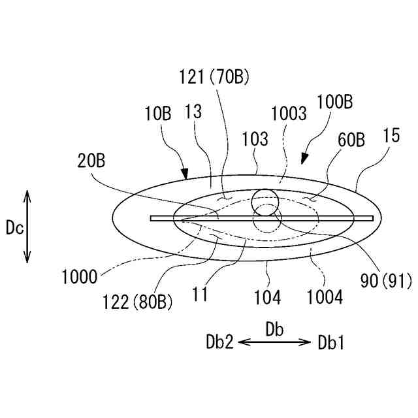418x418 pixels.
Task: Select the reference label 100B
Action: click(x=334, y=103)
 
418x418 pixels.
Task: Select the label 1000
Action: click(x=79, y=276)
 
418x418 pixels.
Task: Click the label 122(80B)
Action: click(x=137, y=302)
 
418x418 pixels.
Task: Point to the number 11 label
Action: click(x=200, y=295)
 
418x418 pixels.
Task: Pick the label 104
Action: click(x=268, y=298)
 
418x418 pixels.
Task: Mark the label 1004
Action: click(x=325, y=298)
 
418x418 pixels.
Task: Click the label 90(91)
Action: click(x=385, y=282)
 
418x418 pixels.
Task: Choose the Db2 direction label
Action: click(x=219, y=342)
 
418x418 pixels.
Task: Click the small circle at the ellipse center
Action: click(x=266, y=201)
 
